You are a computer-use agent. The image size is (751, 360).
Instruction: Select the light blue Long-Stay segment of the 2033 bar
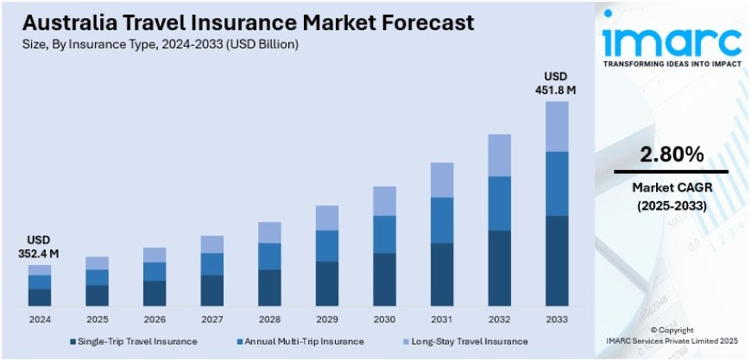click(557, 126)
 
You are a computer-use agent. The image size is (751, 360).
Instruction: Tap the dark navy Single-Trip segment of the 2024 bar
click(40, 297)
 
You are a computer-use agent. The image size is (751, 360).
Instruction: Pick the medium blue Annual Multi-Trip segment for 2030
click(384, 234)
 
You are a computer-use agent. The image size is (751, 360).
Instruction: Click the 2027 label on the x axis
click(212, 319)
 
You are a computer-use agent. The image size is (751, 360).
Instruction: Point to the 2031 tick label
click(442, 319)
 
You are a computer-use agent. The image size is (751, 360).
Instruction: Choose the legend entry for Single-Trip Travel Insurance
click(134, 341)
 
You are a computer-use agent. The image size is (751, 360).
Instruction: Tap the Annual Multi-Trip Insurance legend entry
click(299, 341)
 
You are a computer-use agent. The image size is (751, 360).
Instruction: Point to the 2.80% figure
click(671, 155)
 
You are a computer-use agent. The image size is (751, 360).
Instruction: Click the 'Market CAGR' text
click(671, 187)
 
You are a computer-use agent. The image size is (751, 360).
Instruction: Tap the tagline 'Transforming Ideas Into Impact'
click(672, 65)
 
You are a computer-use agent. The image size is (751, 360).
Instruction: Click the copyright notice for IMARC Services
click(672, 335)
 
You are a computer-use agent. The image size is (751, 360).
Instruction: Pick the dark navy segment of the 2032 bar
click(500, 268)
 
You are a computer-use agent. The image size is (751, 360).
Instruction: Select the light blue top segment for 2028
click(269, 232)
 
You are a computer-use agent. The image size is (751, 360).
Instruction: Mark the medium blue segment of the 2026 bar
click(155, 271)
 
